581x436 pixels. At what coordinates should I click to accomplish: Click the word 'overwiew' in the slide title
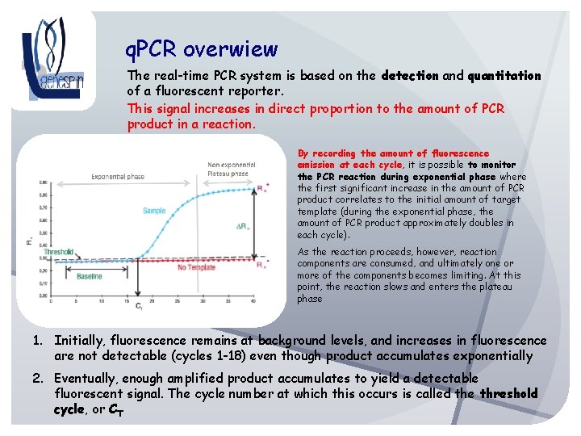[231, 50]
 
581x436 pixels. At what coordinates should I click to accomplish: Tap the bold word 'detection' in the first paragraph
[409, 76]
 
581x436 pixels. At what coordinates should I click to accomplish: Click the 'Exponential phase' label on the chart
[119, 176]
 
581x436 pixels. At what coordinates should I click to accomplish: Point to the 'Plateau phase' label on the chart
[228, 174]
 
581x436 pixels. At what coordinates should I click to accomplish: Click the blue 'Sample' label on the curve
[154, 211]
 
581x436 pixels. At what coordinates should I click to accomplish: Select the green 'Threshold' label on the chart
[58, 252]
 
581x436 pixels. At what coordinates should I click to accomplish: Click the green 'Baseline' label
[90, 276]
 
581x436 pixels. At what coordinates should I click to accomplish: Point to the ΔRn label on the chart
[241, 227]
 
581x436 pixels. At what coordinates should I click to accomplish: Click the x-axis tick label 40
[253, 300]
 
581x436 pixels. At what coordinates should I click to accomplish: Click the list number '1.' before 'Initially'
[39, 341]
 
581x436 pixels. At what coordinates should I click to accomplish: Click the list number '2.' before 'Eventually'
[39, 378]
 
